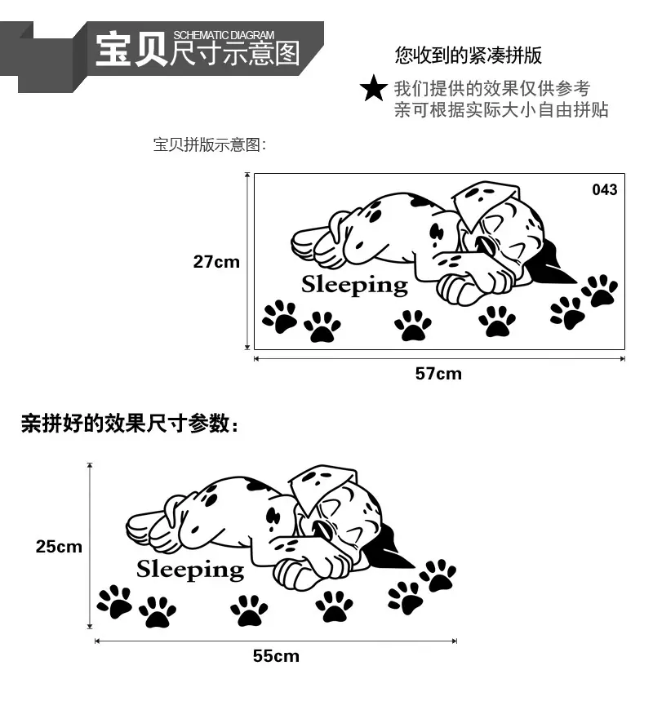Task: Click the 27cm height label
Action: coord(216,262)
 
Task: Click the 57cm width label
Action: coord(438,374)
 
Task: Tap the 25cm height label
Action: coord(59,547)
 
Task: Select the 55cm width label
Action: coord(276,656)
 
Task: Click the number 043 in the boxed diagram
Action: coord(605,189)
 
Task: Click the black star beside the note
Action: coord(374,89)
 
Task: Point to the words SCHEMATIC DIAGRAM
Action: coord(224,35)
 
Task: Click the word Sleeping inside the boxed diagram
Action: coord(354,286)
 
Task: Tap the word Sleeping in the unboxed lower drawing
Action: coord(190,570)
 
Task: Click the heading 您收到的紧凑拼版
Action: coord(469,55)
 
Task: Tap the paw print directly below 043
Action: coord(600,291)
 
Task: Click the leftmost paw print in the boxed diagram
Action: coord(279,317)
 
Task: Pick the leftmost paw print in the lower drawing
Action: coord(114,602)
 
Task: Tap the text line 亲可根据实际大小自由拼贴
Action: coord(501,110)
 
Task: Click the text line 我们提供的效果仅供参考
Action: coord(492,89)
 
